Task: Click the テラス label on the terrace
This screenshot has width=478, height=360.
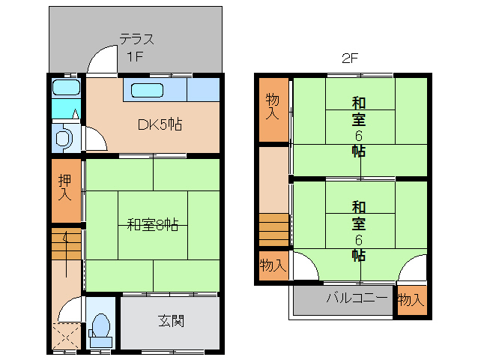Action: pos(136,39)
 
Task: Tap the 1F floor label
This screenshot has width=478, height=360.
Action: pos(135,56)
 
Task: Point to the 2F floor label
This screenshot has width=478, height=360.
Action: pos(350,58)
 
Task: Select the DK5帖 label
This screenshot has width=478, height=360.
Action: pos(160,124)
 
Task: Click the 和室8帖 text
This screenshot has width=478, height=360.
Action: pos(152,225)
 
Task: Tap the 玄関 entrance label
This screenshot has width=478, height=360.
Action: pos(171,321)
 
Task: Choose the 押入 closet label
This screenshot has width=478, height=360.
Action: pos(65,187)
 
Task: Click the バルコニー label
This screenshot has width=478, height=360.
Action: pos(357,297)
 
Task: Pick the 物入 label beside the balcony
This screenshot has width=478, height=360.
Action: pos(411,299)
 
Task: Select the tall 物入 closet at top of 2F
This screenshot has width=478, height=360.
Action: pos(273,109)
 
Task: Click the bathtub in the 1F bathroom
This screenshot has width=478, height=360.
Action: pos(66,87)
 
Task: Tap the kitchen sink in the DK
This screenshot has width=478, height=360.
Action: pos(147,90)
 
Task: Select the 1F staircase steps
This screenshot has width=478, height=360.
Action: pos(66,244)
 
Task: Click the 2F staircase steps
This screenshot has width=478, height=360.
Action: pos(273,230)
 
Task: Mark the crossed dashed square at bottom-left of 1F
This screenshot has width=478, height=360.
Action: pos(67,335)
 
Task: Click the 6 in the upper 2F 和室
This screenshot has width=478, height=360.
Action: pos(358,136)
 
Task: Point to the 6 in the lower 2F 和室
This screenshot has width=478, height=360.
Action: pos(358,240)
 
